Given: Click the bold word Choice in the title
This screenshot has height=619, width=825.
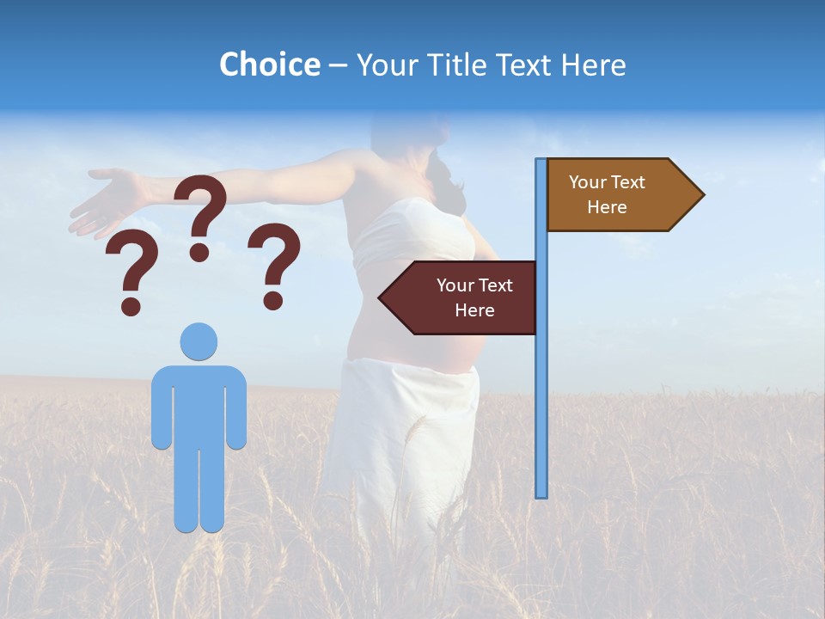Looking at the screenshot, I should pos(269,65).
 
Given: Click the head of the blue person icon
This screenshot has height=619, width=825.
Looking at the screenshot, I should pos(199,341).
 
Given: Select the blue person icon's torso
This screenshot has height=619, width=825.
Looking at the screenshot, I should pos(199,404).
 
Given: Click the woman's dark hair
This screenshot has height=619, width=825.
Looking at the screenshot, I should pos(447,176).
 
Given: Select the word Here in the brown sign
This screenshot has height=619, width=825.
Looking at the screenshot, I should pos(607,207).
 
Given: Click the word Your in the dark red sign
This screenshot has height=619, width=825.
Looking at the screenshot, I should pos(455,285).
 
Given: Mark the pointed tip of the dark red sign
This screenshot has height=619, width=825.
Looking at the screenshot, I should pos(382,297).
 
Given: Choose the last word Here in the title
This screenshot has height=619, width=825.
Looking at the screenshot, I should pos(593,65).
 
